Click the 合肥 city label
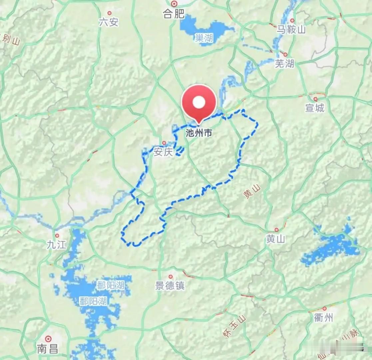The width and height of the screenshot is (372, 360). pyautogui.click(x=174, y=13)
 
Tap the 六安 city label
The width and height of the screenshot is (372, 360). pyautogui.click(x=109, y=22)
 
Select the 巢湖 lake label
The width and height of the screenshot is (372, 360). pyautogui.click(x=204, y=38)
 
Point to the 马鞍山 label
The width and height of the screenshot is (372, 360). pyautogui.click(x=291, y=30)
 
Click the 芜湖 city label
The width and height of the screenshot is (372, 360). pyautogui.click(x=284, y=63)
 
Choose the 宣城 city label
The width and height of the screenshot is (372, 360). pyautogui.click(x=315, y=108)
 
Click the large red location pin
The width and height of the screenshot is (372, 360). pyautogui.click(x=199, y=102)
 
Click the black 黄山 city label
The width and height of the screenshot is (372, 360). pyautogui.click(x=275, y=239)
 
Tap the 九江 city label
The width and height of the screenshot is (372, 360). pyautogui.click(x=57, y=245)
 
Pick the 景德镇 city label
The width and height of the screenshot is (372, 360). pyautogui.click(x=170, y=286)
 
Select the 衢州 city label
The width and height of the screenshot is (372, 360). pyautogui.click(x=323, y=318)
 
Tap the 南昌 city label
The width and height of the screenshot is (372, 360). pyautogui.click(x=48, y=349)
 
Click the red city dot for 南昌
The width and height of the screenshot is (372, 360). pyautogui.click(x=48, y=339)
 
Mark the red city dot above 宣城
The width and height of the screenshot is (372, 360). pyautogui.click(x=315, y=99)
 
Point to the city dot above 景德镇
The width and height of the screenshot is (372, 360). pyautogui.click(x=171, y=277)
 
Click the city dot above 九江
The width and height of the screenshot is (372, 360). pyautogui.click(x=57, y=236)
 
